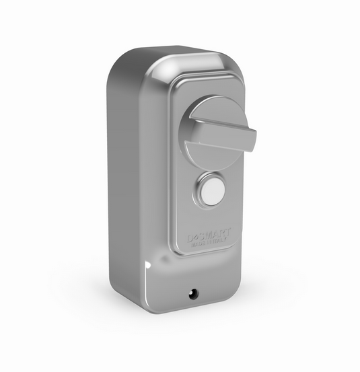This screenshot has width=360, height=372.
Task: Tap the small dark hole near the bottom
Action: pyautogui.click(x=194, y=293)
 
